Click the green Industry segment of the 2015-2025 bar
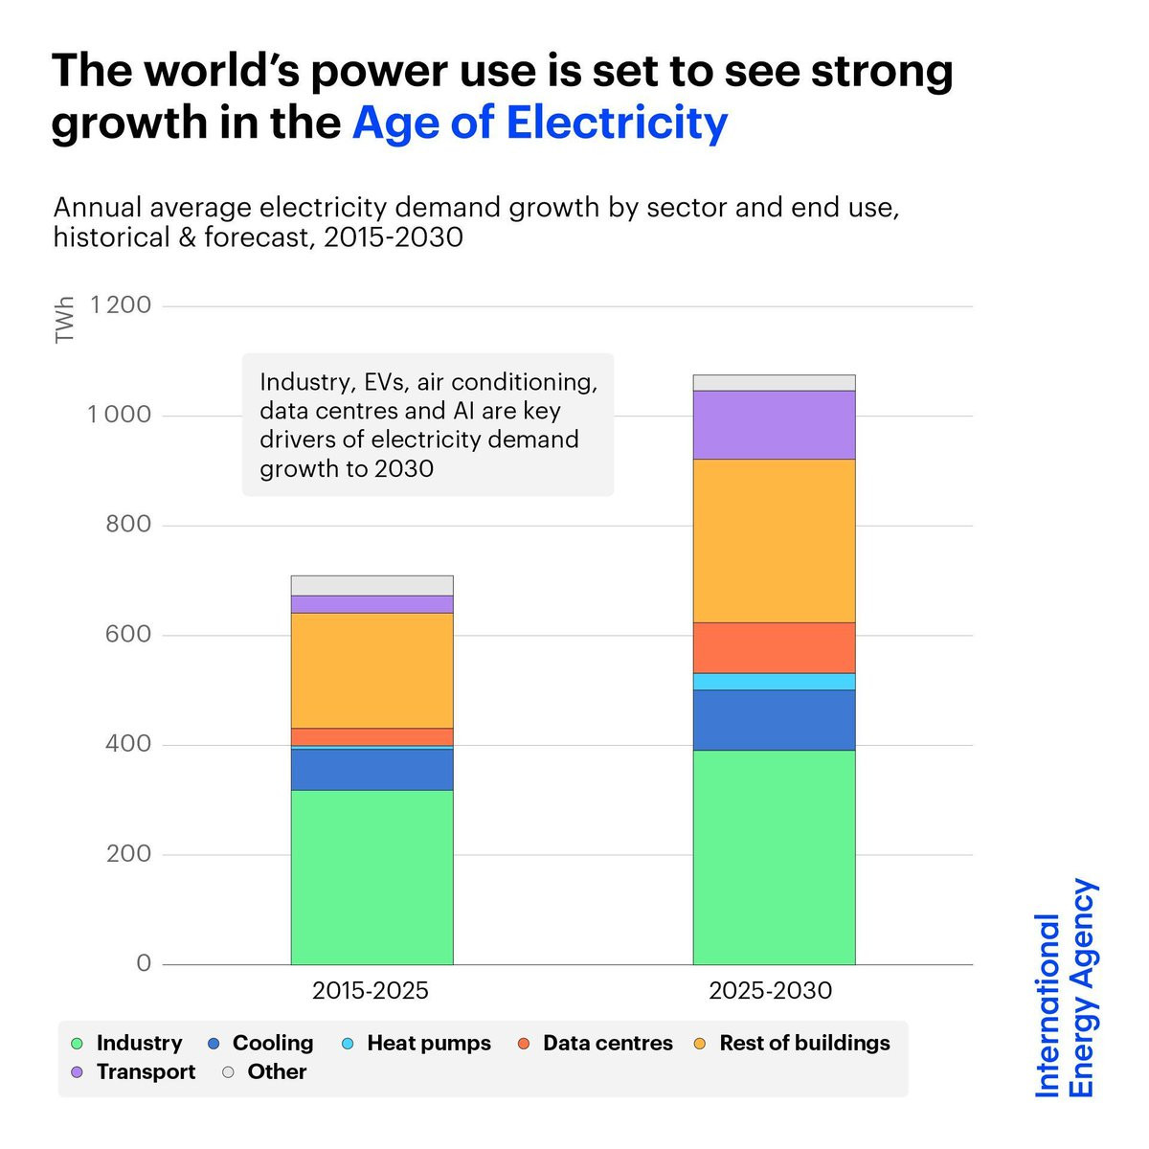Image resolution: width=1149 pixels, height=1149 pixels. (372, 876)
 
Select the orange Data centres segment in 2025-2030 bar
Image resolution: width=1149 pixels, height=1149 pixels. (774, 647)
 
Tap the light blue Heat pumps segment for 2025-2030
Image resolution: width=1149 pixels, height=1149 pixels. (774, 681)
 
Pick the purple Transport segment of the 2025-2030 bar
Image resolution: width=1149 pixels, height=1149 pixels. (774, 424)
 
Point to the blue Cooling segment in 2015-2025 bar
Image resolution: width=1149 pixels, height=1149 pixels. (372, 769)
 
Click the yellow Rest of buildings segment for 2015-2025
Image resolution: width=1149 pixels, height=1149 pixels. (372, 670)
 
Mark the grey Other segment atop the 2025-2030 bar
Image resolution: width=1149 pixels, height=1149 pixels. (774, 383)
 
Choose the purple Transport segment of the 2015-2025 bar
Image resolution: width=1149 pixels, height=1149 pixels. (372, 604)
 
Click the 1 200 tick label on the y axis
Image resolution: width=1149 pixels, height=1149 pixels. (121, 305)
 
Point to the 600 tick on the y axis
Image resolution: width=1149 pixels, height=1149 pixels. (128, 634)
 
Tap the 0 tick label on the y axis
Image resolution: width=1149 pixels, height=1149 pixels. (144, 963)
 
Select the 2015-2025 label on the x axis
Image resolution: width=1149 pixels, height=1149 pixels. (371, 990)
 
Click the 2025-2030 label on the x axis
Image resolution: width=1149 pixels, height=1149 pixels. (771, 990)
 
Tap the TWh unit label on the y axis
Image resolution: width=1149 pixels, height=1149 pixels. (65, 321)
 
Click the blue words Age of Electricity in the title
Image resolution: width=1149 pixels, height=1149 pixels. (540, 123)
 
